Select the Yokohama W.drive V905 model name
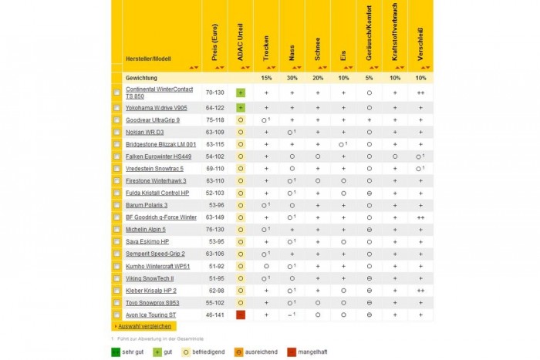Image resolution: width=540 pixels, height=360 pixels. tap(157, 108)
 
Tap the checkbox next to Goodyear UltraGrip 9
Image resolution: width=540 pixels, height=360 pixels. tap(116, 121)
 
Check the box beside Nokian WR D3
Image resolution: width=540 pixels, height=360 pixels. tap(116, 132)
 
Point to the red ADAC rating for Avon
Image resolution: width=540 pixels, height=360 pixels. tap(241, 315)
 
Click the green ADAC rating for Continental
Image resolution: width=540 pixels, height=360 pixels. tap(241, 93)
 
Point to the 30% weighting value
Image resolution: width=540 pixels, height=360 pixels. tap(292, 78)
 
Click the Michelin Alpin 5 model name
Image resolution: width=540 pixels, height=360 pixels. tap(150, 230)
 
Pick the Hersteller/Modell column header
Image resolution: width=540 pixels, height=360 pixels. tap(150, 59)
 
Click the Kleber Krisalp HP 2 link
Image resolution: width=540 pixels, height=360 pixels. tap(151, 291)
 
